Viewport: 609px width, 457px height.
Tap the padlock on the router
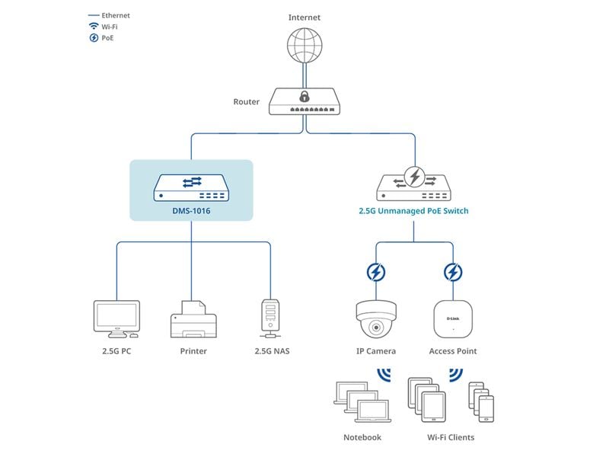(x=304, y=97)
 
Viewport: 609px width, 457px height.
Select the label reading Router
(x=246, y=102)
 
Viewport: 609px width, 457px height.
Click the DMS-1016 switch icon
(x=191, y=186)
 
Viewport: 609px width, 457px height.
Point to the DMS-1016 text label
(x=191, y=211)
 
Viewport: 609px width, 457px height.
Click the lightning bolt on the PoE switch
(x=415, y=177)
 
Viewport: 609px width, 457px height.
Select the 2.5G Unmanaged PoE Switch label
(x=414, y=211)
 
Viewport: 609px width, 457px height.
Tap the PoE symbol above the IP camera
(x=376, y=272)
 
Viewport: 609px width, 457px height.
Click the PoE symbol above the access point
(x=453, y=272)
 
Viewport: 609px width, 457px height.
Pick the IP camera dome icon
(x=376, y=319)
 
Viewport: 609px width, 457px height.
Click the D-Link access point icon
(x=453, y=318)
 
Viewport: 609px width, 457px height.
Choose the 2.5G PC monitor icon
(x=116, y=318)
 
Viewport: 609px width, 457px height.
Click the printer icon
(x=193, y=319)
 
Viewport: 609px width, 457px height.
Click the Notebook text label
(x=362, y=437)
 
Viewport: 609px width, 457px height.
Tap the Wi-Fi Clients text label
(x=451, y=437)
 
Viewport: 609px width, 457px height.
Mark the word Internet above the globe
(x=304, y=17)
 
